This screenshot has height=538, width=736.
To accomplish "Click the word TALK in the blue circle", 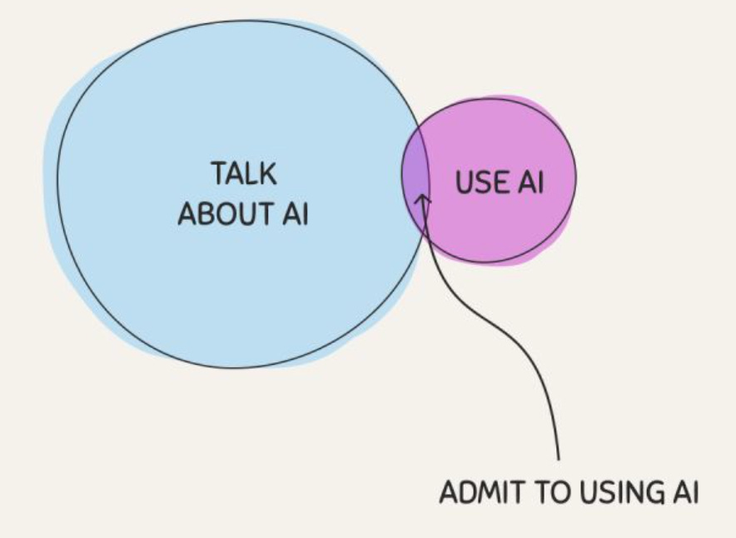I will [243, 176].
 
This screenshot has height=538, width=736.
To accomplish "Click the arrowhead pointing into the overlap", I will [423, 200].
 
